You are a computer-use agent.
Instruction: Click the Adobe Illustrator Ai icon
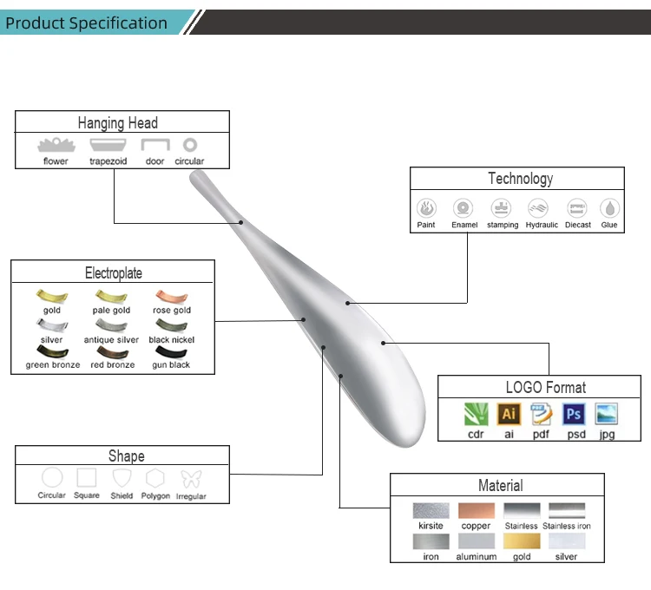(509, 414)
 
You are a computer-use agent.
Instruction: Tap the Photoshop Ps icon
(574, 414)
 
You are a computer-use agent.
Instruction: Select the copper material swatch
(476, 510)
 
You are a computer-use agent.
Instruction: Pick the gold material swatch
(522, 541)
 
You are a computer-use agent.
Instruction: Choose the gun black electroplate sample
(171, 352)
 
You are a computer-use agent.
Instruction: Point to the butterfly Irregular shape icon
(191, 478)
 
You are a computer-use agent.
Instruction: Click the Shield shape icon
(122, 478)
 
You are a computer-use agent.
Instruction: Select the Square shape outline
(87, 478)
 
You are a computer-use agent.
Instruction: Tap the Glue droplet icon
(609, 208)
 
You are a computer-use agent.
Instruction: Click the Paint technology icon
(426, 208)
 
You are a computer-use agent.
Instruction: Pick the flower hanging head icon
(56, 145)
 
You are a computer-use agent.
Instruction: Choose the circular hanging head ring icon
(189, 145)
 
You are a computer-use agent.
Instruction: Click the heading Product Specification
(86, 23)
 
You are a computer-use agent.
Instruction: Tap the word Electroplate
(114, 273)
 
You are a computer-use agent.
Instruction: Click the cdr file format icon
(476, 414)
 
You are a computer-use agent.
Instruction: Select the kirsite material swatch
(431, 510)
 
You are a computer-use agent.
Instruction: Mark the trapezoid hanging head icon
(108, 145)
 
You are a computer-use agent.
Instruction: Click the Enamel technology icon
(464, 208)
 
